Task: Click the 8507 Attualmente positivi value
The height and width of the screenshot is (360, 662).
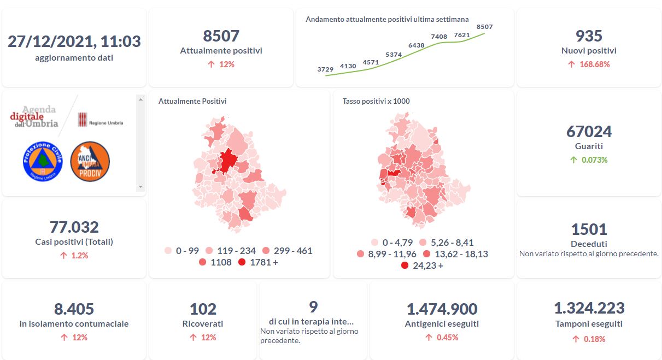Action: [221, 36]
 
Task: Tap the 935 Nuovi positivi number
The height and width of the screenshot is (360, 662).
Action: [589, 36]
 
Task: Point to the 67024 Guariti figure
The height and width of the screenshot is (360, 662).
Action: [589, 132]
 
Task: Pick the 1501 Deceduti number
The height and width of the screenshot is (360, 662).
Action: [589, 229]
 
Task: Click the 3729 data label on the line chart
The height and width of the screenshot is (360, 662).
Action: [325, 69]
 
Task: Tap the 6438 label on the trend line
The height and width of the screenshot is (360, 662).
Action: [416, 45]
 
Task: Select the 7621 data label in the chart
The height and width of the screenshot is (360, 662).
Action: [462, 35]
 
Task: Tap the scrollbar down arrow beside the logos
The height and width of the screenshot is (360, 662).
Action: [140, 187]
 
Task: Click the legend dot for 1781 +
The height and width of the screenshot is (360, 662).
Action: [242, 262]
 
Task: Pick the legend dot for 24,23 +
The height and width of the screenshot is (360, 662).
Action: [405, 265]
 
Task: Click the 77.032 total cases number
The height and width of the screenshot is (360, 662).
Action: [74, 227]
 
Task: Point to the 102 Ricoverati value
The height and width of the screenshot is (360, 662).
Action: [203, 309]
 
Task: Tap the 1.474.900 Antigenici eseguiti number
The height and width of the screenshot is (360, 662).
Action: [442, 309]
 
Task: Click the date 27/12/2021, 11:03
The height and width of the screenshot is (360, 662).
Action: [74, 42]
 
